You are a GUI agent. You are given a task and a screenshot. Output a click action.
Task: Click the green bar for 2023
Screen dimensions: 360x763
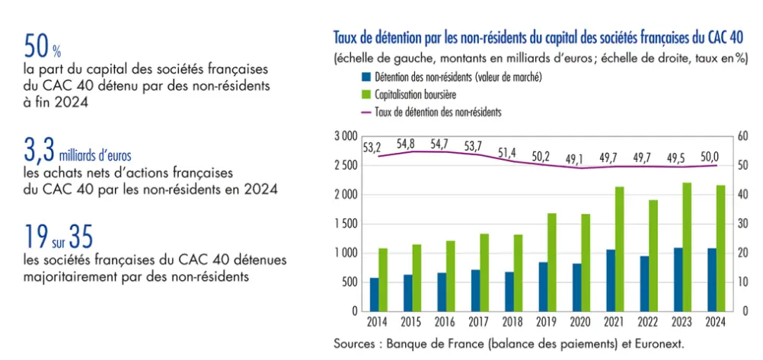click(687, 247)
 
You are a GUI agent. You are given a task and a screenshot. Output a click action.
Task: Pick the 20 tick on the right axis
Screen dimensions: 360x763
click(742, 253)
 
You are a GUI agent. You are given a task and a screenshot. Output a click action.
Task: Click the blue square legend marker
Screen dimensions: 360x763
click(366, 77)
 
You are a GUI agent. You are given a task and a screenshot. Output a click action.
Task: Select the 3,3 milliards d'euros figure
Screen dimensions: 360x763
click(77, 153)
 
